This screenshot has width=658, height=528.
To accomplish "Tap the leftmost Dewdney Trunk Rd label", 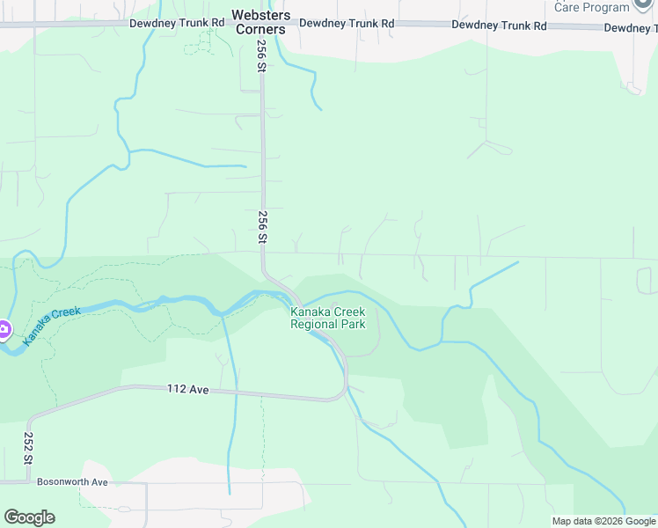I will coord(177,23).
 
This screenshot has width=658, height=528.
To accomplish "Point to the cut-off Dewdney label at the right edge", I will coord(631,28).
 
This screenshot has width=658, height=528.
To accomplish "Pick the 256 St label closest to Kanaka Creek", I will coord(261,226).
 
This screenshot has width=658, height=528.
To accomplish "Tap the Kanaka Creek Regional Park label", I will coord(328,318).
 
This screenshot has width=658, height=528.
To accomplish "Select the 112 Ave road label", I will coord(188,389).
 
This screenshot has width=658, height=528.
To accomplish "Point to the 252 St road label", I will coord(28,446).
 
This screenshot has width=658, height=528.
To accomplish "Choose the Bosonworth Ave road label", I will coord(72,482).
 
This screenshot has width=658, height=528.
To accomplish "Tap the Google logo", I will coord(29,517).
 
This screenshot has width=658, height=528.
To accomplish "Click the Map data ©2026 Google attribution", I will coord(603,521).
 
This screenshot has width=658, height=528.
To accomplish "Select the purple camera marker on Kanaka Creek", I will coord(3,331).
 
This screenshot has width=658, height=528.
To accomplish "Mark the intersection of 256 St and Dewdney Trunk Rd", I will coord(261,25).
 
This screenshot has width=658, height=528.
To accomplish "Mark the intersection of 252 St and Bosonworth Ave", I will coord(28,483).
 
